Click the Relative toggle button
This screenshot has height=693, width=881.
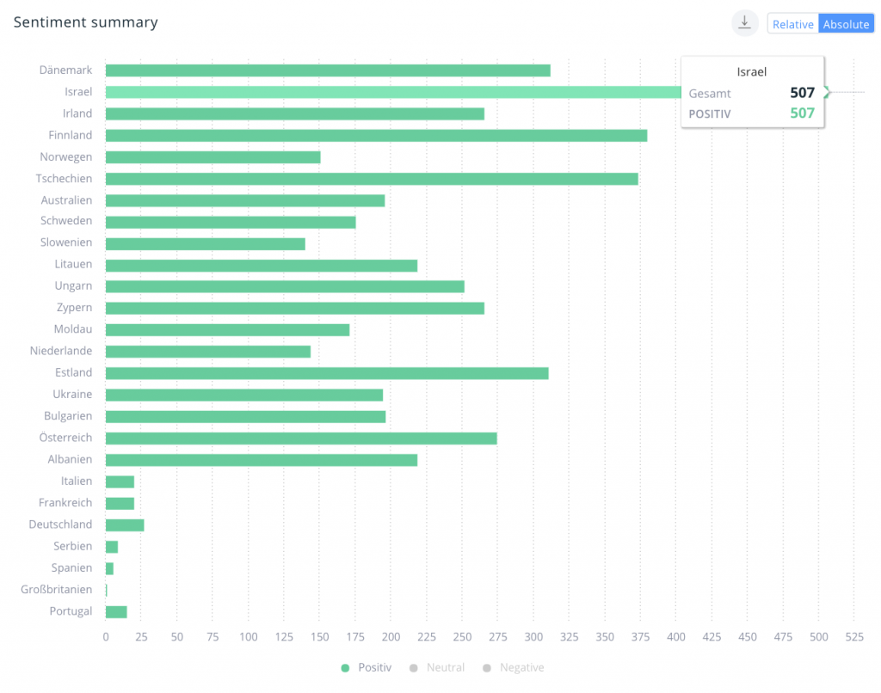[792, 24]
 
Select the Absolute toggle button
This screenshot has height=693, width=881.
[846, 24]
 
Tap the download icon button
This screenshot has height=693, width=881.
[745, 23]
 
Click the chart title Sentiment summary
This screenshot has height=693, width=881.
[85, 22]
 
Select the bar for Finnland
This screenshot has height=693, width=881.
[376, 135]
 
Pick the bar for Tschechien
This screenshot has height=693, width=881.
[372, 179]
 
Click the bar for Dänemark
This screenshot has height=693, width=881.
[328, 71]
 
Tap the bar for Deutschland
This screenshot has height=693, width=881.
[125, 524]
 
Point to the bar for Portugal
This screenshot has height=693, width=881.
[116, 611]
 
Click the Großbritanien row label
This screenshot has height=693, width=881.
[57, 590]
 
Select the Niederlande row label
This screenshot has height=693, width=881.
[61, 351]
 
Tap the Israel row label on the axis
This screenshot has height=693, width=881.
[78, 92]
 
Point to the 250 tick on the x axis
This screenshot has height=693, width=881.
[462, 637]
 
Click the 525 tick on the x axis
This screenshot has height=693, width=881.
[854, 637]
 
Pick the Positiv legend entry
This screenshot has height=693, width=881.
[367, 668]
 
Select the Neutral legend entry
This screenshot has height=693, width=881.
[439, 668]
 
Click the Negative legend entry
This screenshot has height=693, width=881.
[514, 668]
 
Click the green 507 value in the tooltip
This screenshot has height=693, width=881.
[802, 113]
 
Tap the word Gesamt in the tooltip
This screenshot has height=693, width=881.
[710, 94]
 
